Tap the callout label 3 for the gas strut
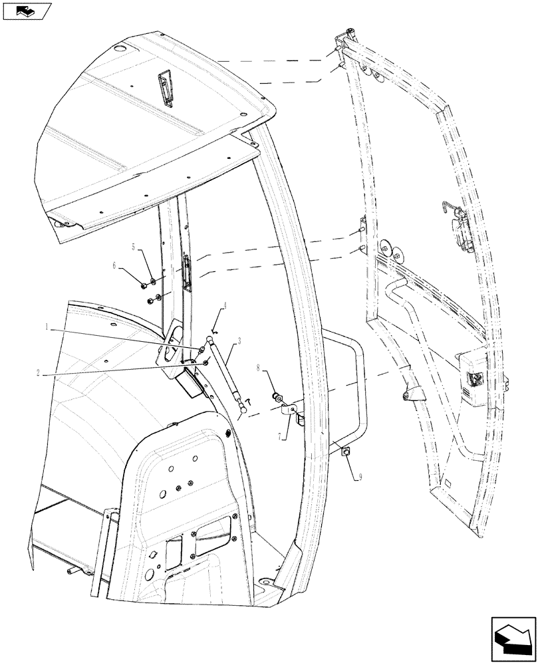237,340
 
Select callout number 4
225,306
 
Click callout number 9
361,477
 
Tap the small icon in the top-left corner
27,11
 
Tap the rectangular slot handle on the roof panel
165,88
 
